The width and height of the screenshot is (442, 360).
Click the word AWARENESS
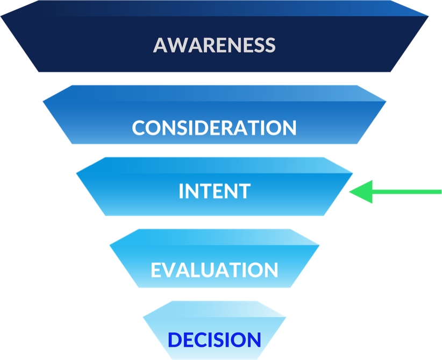214,45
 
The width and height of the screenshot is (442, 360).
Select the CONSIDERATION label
214,128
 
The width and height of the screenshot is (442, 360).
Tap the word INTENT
214,192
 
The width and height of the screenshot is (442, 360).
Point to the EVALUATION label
214,270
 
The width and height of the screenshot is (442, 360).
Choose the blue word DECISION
214,340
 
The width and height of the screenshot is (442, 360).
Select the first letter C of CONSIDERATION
139,128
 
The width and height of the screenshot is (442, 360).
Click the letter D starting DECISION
174,340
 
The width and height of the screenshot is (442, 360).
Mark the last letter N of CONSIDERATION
289,128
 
